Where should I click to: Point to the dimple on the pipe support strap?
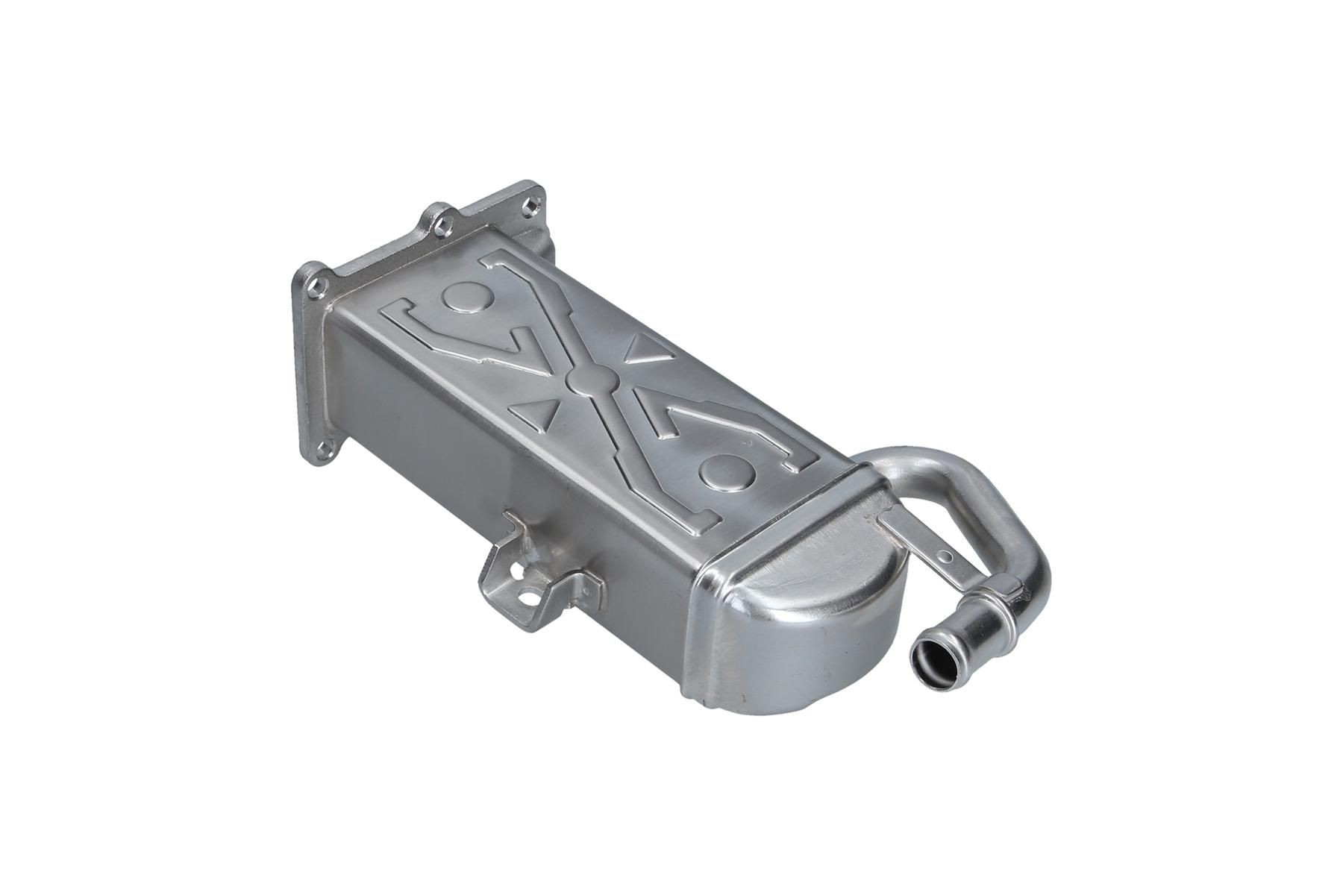(945, 556)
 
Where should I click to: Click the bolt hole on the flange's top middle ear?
(439, 221)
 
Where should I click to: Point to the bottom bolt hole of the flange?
(322, 448)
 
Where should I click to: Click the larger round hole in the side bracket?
(528, 597)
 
